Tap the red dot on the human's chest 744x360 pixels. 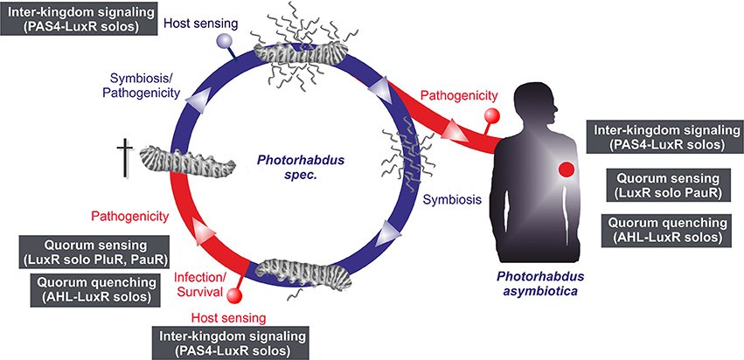[x=566, y=170]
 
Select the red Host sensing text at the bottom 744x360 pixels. [x=228, y=316]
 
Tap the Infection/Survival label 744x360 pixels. [x=199, y=284]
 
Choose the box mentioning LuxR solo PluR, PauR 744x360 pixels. [x=94, y=253]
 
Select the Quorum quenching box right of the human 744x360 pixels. [x=663, y=230]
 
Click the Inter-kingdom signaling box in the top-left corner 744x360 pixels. [x=79, y=18]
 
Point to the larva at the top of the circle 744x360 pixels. [x=298, y=52]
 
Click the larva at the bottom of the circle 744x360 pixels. [x=304, y=273]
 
